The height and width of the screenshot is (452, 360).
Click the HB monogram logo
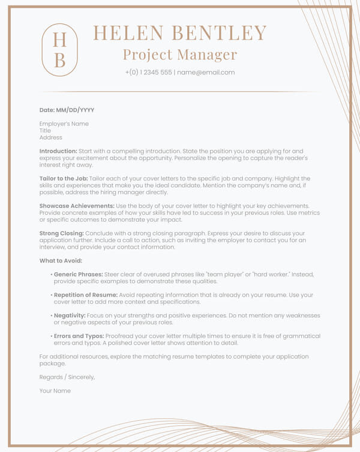coord(60,50)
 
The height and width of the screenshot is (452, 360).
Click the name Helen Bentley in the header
coord(180,33)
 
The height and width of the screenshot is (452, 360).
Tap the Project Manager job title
coord(180,55)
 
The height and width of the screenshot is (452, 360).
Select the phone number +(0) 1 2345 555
coord(148,73)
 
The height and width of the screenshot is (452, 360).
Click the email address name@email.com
coord(206,73)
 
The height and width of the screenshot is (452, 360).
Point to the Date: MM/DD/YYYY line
coord(67,110)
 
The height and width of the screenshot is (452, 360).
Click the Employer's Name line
coord(64,124)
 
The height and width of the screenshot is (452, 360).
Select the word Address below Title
coord(51,138)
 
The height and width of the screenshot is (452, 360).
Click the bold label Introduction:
coord(58,151)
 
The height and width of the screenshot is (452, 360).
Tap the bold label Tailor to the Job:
coord(64,179)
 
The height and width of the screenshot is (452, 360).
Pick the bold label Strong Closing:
coord(62,233)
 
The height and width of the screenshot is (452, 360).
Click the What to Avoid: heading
coord(61,261)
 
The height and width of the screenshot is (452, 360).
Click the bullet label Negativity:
coord(70,315)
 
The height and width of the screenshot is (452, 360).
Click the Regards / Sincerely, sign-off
coord(67,377)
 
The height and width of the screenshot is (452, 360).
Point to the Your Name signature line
coord(55,391)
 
